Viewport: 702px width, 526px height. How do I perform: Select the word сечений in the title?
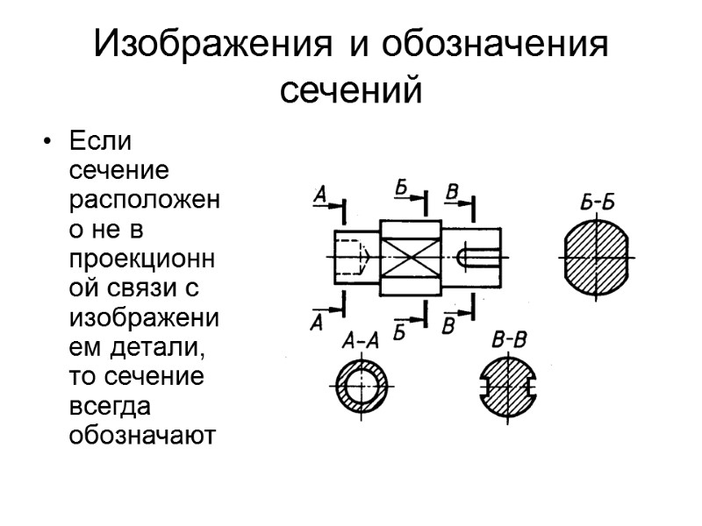tap(351, 89)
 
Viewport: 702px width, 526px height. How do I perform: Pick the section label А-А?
tap(360, 341)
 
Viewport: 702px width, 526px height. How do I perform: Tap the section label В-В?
tap(509, 340)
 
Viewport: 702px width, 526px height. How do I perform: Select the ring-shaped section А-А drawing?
tap(361, 386)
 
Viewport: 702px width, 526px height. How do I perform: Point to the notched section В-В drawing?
tap(509, 386)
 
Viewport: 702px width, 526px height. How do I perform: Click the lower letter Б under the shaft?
tap(399, 331)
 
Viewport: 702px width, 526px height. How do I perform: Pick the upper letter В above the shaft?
tap(453, 191)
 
